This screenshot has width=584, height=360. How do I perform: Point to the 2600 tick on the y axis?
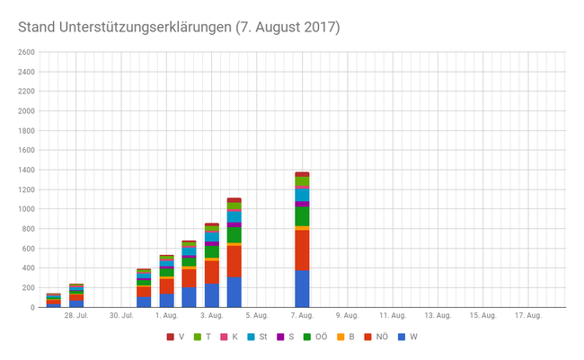tap(25, 52)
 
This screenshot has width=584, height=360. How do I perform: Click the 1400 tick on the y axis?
tap(25, 170)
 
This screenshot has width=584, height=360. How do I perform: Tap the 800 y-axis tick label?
tap(27, 229)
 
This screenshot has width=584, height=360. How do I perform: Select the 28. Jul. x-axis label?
tap(75, 316)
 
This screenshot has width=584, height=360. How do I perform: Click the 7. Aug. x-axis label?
tap(302, 316)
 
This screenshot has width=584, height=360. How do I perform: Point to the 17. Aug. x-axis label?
tap(528, 316)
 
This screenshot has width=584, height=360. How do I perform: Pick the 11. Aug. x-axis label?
tap(393, 316)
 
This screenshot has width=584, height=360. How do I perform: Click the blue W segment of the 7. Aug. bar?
tap(302, 289)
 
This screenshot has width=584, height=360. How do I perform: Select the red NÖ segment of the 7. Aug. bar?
tap(302, 250)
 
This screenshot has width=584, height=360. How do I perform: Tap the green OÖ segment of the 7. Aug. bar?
tap(302, 216)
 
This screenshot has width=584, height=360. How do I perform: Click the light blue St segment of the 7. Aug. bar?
tap(302, 195)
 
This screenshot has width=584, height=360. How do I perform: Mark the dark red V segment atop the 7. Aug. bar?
tap(302, 174)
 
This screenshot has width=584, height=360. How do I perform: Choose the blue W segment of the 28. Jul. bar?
tap(76, 304)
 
